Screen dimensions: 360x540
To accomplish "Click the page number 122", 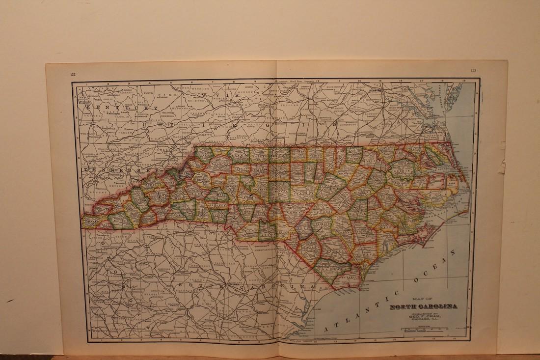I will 72,74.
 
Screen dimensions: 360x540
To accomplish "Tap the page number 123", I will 473,70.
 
